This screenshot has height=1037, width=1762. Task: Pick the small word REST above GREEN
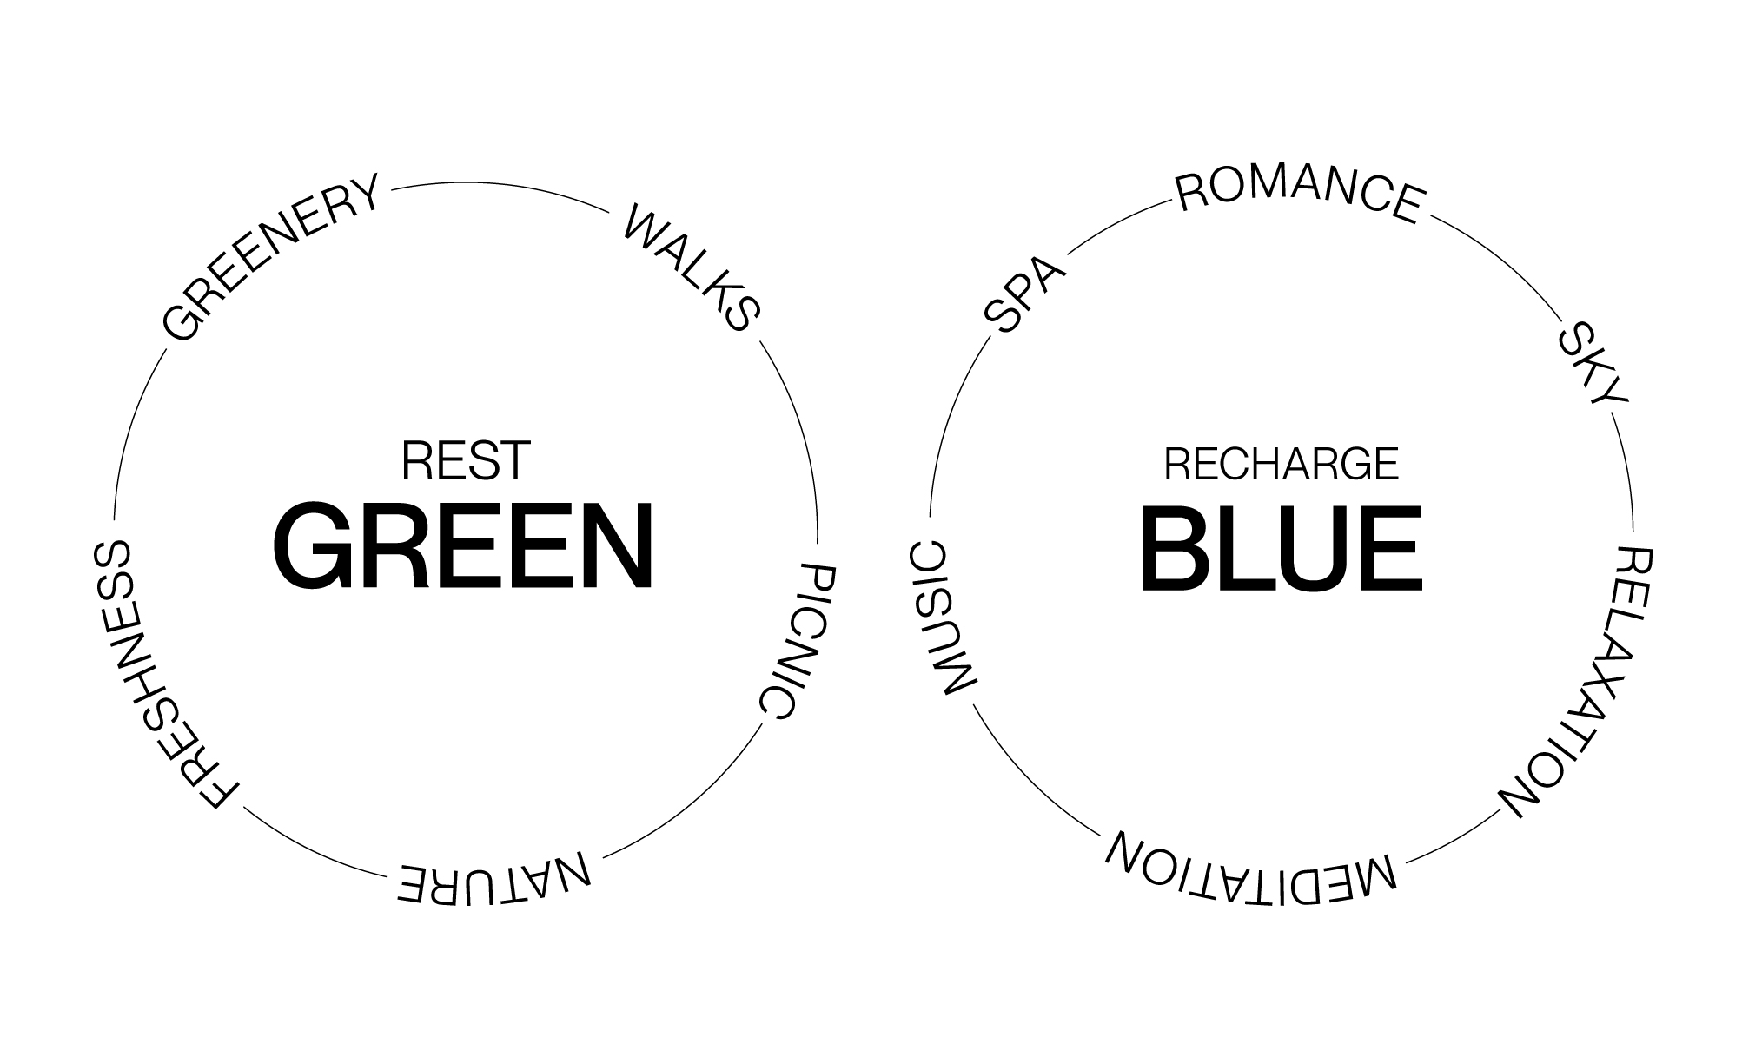(x=466, y=460)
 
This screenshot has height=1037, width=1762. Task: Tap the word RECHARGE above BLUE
(x=1281, y=464)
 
